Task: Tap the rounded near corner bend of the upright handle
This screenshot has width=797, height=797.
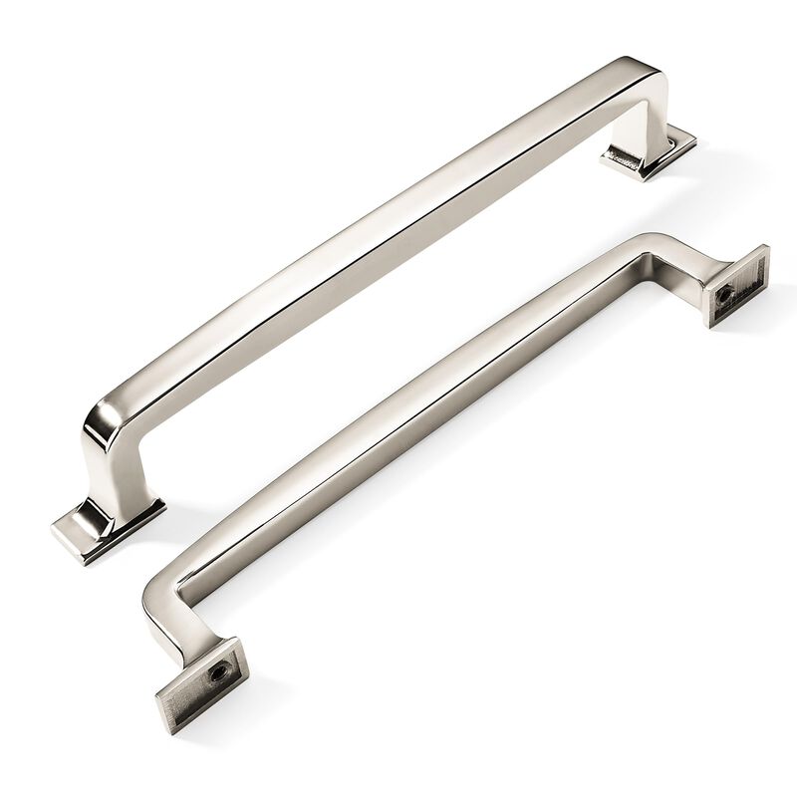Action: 110,418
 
